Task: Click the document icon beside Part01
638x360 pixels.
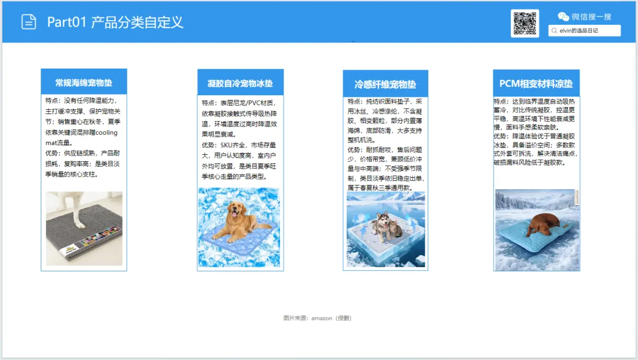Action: (28, 22)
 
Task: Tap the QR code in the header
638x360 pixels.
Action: (525, 24)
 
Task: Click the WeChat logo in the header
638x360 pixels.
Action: (563, 17)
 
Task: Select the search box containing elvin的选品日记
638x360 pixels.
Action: (584, 31)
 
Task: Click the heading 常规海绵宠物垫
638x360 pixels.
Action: (84, 83)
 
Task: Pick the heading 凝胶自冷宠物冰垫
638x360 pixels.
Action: (240, 83)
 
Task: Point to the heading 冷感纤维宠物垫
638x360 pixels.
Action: (385, 85)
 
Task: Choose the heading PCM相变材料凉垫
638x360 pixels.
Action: (536, 83)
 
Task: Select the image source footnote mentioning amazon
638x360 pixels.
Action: (317, 318)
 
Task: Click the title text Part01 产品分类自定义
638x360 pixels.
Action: (115, 22)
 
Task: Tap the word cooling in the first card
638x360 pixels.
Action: (106, 132)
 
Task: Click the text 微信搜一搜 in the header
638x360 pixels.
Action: (591, 17)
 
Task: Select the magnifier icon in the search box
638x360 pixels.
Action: (554, 31)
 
